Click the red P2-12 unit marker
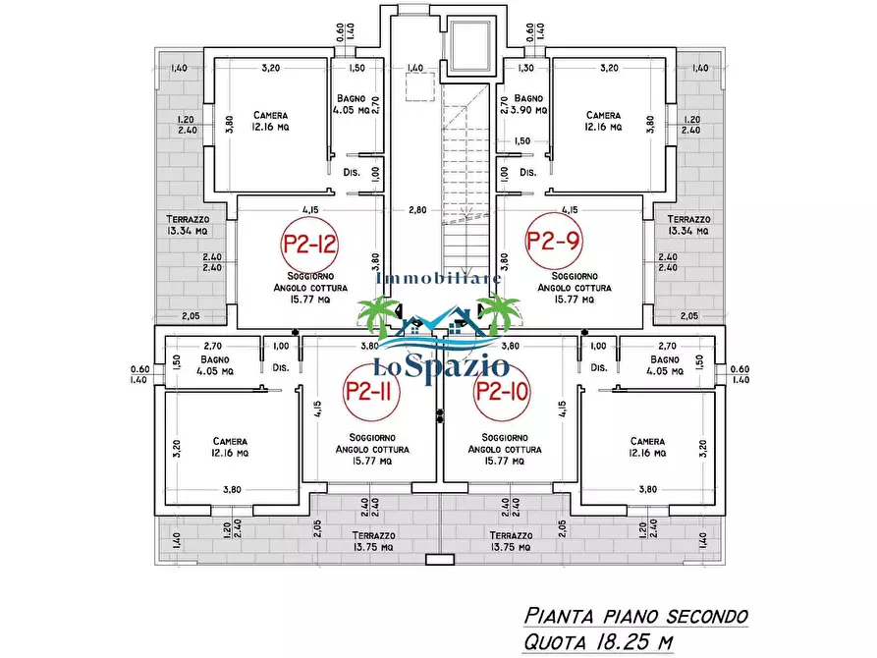[x=309, y=244]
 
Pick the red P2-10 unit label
[x=501, y=392]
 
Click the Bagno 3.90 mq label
[x=528, y=104]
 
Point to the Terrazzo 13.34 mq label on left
[x=188, y=225]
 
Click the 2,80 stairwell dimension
[x=417, y=210]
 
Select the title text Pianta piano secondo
[x=636, y=616]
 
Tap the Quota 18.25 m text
[x=598, y=641]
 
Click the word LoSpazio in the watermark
[x=441, y=367]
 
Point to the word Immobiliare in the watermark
[x=439, y=278]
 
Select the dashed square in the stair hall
[x=420, y=86]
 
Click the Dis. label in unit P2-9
[x=528, y=172]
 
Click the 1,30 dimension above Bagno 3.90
[x=525, y=68]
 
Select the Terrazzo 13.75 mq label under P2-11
[x=373, y=541]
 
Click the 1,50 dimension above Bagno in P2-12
[x=356, y=68]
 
